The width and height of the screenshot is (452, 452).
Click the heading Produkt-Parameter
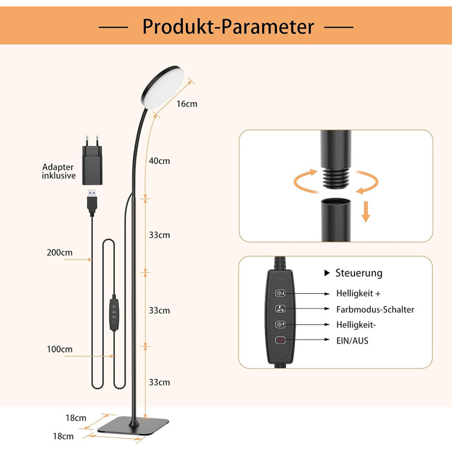pyautogui.click(x=228, y=27)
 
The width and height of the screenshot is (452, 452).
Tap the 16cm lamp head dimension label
pyautogui.click(x=187, y=104)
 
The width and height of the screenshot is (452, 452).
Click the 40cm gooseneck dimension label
pyautogui.click(x=159, y=161)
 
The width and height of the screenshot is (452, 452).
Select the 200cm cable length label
pyautogui.click(x=59, y=252)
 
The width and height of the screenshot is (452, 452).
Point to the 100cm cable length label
pyautogui.click(x=59, y=349)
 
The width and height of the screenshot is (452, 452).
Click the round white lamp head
pyautogui.click(x=163, y=87)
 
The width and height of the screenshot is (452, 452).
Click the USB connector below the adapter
pyautogui.click(x=92, y=202)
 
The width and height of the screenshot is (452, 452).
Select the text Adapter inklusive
pyautogui.click(x=59, y=171)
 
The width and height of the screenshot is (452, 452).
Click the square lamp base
pyautogui.click(x=133, y=426)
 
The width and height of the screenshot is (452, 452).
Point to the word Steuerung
pyautogui.click(x=359, y=273)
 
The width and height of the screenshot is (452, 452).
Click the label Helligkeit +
pyautogui.click(x=358, y=293)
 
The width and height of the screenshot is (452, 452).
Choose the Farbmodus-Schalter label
pyautogui.click(x=375, y=309)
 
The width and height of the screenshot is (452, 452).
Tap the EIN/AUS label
pyautogui.click(x=353, y=341)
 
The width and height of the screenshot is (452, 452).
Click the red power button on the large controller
pyautogui.click(x=280, y=340)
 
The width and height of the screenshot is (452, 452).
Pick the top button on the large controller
pyautogui.click(x=280, y=293)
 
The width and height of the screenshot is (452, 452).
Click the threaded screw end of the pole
pyautogui.click(x=336, y=178)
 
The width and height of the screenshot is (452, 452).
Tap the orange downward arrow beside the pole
pyautogui.click(x=366, y=212)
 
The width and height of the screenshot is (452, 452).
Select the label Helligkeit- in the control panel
pyautogui.click(x=356, y=325)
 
